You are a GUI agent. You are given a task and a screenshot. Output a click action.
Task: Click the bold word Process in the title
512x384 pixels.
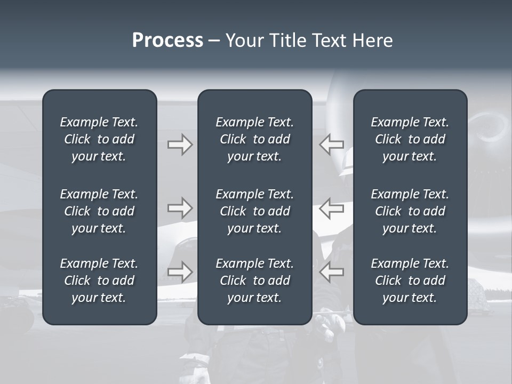tap(167, 41)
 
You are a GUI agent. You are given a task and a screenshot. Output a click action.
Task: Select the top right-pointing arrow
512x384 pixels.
tap(180, 145)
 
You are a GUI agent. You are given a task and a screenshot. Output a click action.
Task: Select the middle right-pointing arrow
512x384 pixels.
tap(180, 207)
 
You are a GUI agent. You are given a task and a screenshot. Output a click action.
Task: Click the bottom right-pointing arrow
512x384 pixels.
tap(180, 272)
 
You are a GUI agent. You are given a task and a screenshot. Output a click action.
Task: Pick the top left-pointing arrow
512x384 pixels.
tap(332, 145)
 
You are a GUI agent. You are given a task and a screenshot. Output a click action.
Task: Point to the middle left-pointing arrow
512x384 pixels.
tap(332, 207)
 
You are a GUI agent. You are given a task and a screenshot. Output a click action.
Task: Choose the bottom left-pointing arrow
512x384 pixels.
tap(332, 272)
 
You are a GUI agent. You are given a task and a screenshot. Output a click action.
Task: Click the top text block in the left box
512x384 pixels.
tap(99, 139)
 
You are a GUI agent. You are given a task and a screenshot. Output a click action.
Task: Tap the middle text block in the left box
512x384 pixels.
tap(99, 211)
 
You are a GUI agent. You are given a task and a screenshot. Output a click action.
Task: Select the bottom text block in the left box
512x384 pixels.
tap(99, 281)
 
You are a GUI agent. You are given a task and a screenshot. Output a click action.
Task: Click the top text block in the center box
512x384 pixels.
tap(254, 139)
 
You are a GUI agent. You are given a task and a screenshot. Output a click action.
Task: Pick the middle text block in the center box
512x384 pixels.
tap(254, 211)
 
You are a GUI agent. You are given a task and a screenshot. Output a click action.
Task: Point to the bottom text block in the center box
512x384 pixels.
tap(254, 281)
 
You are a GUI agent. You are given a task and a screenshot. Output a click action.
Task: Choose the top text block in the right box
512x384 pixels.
tap(410, 139)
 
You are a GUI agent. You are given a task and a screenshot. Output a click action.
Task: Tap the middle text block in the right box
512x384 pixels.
tap(410, 211)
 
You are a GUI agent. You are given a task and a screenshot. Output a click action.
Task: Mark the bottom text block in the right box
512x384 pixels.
tap(410, 281)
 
